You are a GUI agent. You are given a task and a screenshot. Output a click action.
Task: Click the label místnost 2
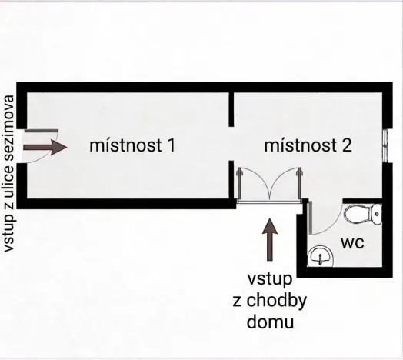(x=308, y=145)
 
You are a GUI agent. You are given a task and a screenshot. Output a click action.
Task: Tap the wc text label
(x=351, y=243)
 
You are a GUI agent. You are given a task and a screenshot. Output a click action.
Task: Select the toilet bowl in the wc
(x=359, y=213)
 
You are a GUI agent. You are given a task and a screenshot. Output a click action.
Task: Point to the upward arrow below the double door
(x=268, y=239)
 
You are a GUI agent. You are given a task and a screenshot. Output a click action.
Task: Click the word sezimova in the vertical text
(x=11, y=127)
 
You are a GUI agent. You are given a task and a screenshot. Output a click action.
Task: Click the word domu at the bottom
(x=269, y=321)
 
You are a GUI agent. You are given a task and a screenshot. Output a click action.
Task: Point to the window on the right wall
(x=385, y=144)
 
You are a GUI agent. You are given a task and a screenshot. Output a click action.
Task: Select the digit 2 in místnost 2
(x=347, y=145)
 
